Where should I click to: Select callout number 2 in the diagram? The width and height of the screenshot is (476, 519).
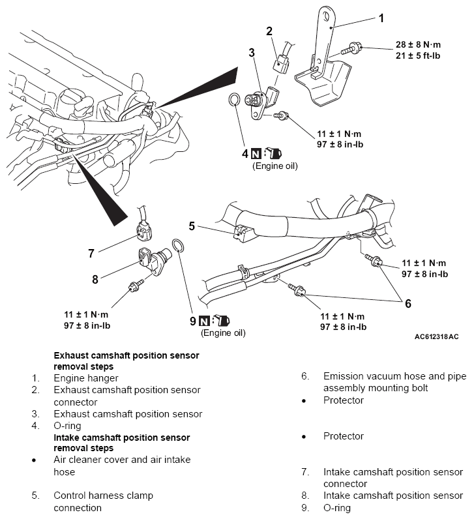coord(269,30)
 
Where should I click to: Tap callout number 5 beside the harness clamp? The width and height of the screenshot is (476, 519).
coord(192,227)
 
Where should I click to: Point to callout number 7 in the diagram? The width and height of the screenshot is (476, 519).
coord(91,254)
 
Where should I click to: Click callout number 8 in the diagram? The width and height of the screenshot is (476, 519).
coord(95,279)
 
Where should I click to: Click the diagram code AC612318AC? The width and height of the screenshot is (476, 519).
coord(436,337)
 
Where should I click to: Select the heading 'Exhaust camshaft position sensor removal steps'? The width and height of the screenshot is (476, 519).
coord(126,361)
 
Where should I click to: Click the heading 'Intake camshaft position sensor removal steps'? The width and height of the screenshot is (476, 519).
coord(121,443)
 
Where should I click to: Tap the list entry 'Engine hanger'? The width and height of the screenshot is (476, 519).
coord(86,378)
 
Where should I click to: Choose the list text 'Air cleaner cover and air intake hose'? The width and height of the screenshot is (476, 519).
coord(122,466)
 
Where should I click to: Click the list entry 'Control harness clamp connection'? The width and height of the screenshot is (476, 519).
coord(103,501)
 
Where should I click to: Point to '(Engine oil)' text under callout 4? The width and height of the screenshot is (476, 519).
coord(275,166)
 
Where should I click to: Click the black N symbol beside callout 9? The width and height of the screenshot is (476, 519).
coord(204,321)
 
